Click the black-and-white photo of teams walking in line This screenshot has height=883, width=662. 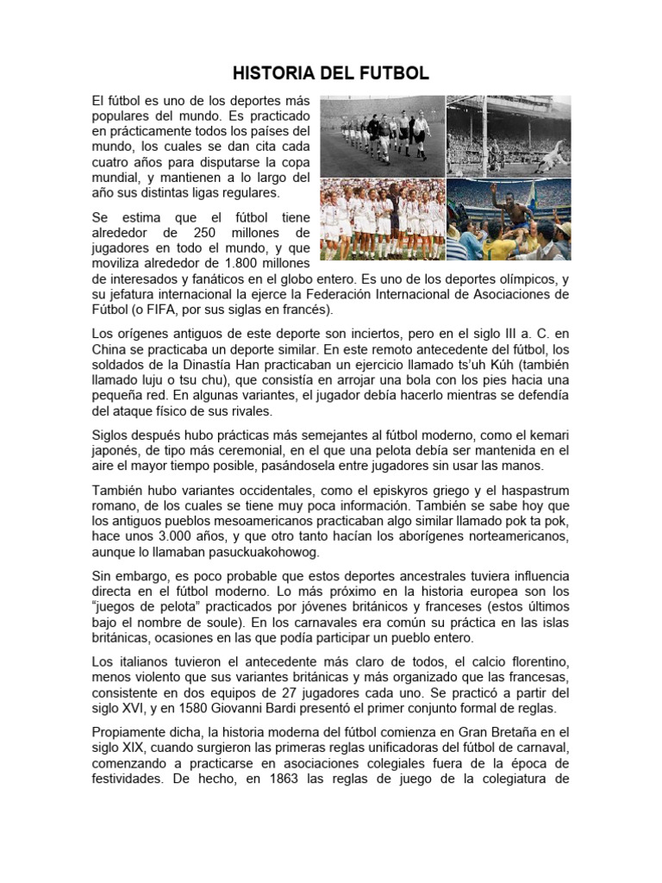click(x=382, y=135)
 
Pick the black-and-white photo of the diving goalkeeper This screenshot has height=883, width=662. click(x=509, y=135)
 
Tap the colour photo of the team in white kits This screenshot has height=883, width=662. click(x=382, y=220)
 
